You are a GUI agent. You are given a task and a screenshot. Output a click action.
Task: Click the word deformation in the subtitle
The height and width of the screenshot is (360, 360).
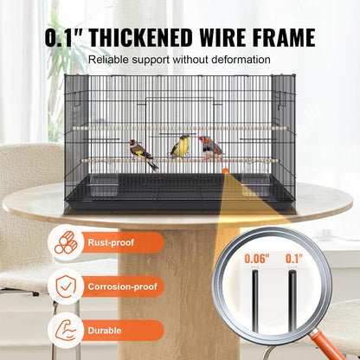pyautogui.click(x=242, y=59)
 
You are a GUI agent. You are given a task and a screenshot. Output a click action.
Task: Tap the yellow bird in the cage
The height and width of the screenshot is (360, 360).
pyautogui.click(x=180, y=147)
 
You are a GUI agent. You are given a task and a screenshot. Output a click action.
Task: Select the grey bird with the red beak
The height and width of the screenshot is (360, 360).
pyautogui.click(x=210, y=146)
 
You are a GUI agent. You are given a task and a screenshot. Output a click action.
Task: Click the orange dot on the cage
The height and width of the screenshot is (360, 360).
pyautogui.click(x=226, y=171)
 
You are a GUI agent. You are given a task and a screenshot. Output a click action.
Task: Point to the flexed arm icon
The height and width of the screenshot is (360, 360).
pyautogui.click(x=66, y=329)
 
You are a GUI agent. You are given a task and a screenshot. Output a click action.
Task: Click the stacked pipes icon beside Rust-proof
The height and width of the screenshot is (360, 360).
pyautogui.click(x=66, y=245)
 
